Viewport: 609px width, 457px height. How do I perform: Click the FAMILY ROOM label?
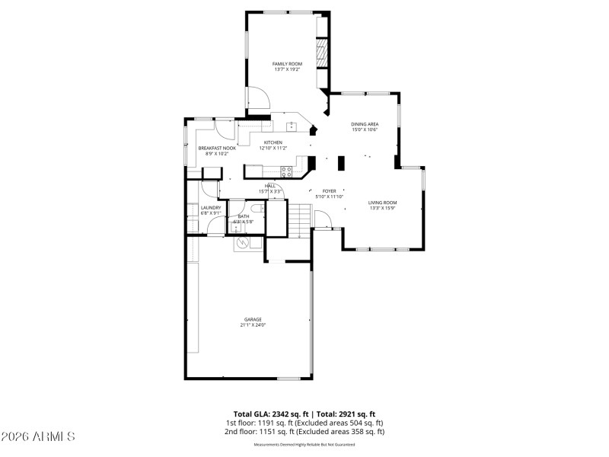(288, 63)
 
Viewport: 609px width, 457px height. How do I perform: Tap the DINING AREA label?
(365, 124)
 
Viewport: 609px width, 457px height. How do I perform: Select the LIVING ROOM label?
(383, 202)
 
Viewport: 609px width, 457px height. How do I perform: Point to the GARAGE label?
(253, 319)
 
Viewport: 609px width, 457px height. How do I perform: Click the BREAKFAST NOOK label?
(217, 148)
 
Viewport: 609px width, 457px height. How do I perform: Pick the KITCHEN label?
(273, 142)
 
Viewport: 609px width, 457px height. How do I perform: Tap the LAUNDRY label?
(211, 207)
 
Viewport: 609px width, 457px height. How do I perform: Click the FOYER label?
(330, 191)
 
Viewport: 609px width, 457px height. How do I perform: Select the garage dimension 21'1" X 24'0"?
(253, 325)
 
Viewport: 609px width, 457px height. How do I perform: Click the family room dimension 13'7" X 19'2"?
(288, 69)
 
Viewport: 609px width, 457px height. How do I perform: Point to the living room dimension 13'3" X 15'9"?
(383, 208)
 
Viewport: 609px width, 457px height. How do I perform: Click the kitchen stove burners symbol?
(286, 171)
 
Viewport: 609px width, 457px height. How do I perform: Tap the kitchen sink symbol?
(291, 126)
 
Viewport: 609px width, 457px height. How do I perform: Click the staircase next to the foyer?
(299, 220)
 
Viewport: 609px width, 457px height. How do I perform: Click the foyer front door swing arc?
(323, 219)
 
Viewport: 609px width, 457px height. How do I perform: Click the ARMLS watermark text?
(38, 436)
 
